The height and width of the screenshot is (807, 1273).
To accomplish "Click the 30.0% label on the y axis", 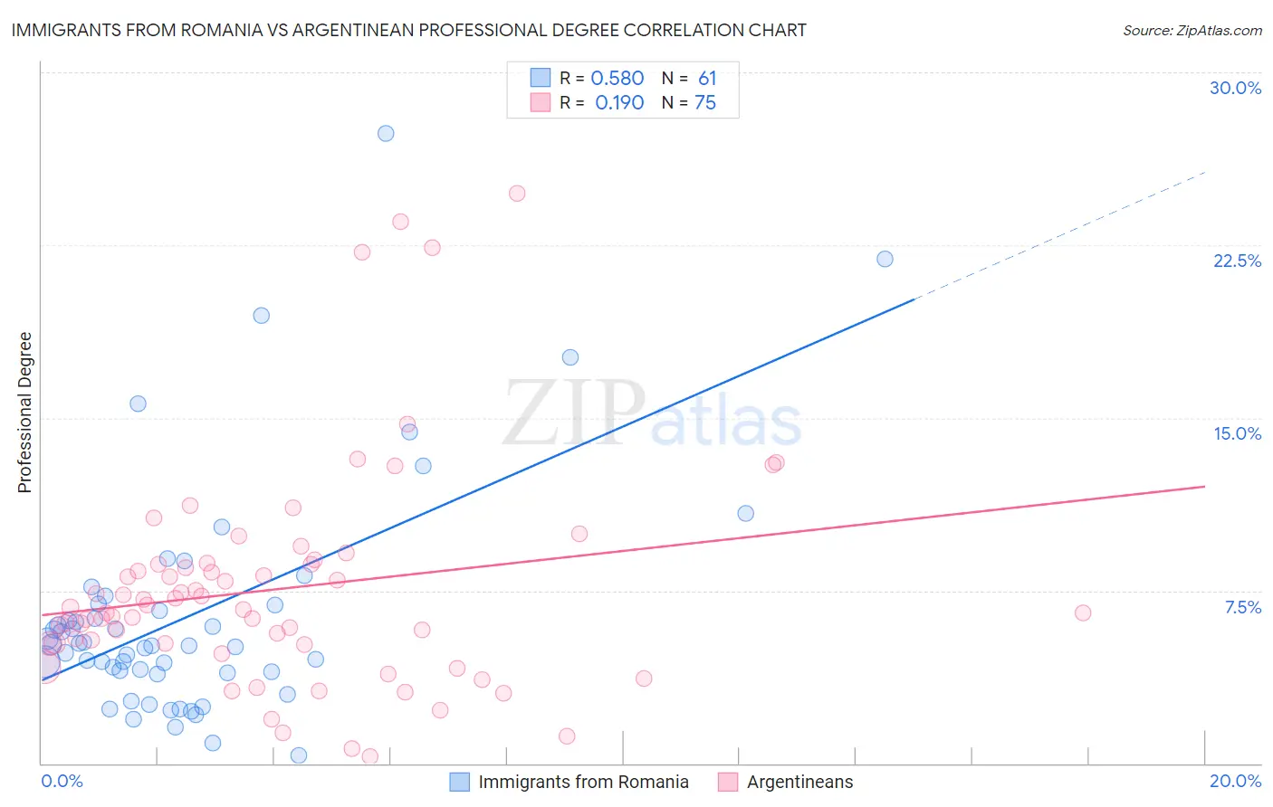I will tap(1235, 88).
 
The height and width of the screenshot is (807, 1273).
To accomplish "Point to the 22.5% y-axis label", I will tap(1237, 261).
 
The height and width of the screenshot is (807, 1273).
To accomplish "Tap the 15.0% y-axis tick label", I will tap(1237, 433).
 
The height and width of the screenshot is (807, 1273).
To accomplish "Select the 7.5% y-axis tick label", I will tap(1242, 607).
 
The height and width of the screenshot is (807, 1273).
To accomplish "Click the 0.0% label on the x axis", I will tap(62, 781).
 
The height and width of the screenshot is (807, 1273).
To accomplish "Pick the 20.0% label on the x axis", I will tap(1235, 781).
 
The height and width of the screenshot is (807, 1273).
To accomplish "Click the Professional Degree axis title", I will tap(24, 413).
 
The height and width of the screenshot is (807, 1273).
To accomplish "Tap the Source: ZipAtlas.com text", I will tap(1192, 30).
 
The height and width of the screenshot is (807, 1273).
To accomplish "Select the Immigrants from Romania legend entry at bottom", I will tap(583, 782).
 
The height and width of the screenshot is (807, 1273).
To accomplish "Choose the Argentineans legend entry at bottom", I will tap(799, 782).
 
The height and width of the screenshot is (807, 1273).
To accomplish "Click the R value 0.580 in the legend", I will tap(617, 79).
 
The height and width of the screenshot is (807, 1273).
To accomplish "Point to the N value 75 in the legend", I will tap(704, 103).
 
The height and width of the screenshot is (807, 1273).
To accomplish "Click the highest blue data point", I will tap(386, 133).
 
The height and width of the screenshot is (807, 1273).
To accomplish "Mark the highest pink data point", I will tap(517, 193).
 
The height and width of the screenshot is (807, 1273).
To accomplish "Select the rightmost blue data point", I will tap(885, 259).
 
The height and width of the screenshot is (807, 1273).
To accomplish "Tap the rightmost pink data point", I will tap(1083, 612).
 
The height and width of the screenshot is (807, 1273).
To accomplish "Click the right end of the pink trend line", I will tap(1203, 487).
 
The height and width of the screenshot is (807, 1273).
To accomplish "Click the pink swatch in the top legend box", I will tap(541, 103).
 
